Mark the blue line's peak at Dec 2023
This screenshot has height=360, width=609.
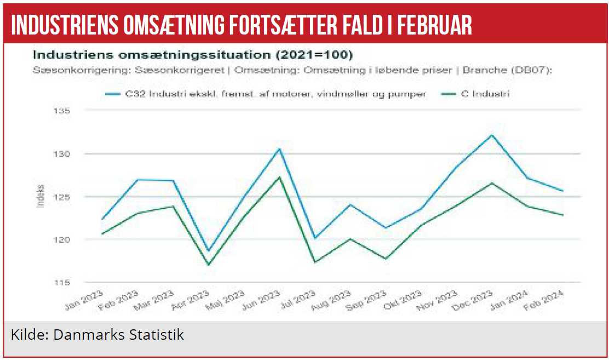click(x=492, y=135)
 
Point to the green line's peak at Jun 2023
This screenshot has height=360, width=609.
click(x=279, y=177)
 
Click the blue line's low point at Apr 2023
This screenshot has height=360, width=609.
click(x=209, y=251)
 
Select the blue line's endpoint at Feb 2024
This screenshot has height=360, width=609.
click(x=562, y=191)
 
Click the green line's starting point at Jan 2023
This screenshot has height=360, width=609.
click(x=102, y=234)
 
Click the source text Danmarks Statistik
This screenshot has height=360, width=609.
click(x=118, y=334)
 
